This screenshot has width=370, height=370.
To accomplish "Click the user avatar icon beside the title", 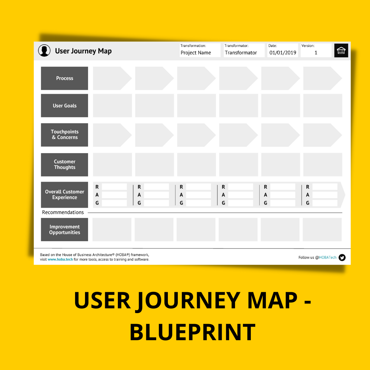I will tap(44, 51).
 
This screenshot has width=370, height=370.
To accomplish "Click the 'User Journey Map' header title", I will tap(83, 51).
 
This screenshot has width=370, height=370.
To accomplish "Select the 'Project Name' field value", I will tap(196, 53).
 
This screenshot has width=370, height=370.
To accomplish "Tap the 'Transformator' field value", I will tap(241, 53).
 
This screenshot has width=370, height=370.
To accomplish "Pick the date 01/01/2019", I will tap(283, 53).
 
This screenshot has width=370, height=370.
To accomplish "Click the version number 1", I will tap(316, 53).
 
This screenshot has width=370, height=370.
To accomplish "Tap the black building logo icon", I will tap(341, 51).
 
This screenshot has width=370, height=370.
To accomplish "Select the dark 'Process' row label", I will tap(64, 78).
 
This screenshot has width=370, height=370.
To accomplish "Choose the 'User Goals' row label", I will tap(64, 106).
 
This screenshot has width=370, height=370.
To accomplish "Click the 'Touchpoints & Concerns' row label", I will tap(64, 135).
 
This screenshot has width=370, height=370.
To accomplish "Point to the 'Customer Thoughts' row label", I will tap(64, 164).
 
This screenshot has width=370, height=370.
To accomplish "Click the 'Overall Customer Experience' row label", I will tap(64, 195).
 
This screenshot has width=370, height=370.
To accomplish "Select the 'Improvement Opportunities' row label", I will tap(64, 230).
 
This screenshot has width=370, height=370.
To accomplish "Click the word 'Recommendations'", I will tap(63, 212).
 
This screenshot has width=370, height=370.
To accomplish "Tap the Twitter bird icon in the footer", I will tap(342, 258).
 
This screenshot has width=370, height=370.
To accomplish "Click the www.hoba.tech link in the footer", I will tap(60, 260).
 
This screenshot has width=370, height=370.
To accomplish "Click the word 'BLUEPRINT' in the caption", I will tap(193, 332).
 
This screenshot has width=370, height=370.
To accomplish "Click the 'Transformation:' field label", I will tap(193, 46).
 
